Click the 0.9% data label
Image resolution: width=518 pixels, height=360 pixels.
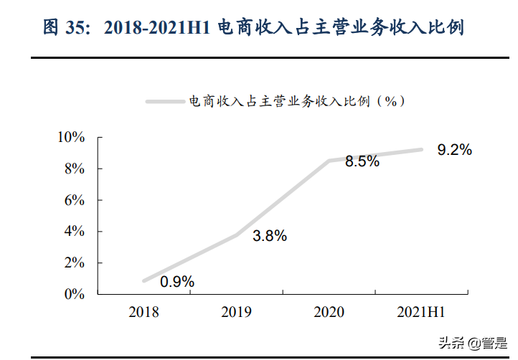click(177, 282)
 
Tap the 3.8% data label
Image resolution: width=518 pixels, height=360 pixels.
click(270, 235)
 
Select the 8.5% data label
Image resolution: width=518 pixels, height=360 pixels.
click(362, 161)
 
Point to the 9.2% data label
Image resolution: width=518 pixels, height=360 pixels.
click(455, 150)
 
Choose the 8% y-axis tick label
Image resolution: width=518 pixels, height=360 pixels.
click(75, 169)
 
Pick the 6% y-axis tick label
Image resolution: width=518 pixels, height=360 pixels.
click(75, 200)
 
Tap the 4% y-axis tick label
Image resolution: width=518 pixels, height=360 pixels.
click(75, 232)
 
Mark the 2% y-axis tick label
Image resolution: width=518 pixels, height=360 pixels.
click(75, 263)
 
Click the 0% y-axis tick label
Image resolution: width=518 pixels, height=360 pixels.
click(75, 294)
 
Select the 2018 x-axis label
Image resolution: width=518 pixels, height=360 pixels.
click(144, 312)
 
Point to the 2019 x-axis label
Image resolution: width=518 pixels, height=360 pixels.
click(237, 312)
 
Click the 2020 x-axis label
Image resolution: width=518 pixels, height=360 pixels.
click(329, 312)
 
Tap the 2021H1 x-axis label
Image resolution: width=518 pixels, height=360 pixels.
click(422, 312)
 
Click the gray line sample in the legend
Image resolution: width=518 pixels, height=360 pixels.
click(166, 102)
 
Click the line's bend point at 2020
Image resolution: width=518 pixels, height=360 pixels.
click(329, 161)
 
